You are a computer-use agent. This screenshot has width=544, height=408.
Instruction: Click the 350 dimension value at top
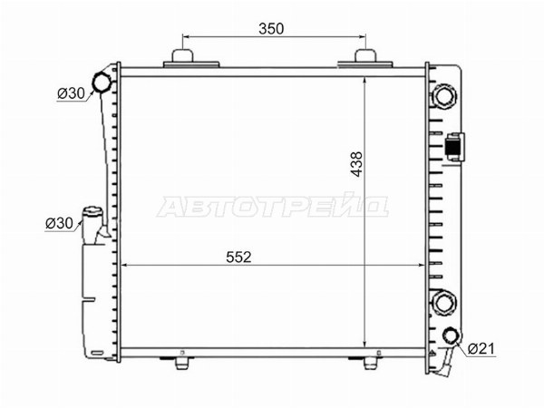[x=271, y=29]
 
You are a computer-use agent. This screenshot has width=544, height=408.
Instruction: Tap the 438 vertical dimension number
[x=356, y=164]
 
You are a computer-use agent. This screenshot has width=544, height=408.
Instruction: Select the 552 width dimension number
[x=238, y=257]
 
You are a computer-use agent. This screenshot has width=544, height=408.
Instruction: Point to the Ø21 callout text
[x=481, y=348]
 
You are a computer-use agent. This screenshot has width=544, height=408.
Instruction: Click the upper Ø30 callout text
[x=71, y=93]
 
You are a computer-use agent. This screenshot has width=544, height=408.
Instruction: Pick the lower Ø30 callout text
[x=59, y=223]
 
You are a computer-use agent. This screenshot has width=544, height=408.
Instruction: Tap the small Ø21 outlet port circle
[x=452, y=335]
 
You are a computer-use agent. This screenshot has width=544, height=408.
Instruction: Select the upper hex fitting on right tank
[x=443, y=96]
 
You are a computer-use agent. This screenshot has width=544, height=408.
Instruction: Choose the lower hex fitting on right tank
[x=443, y=303]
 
